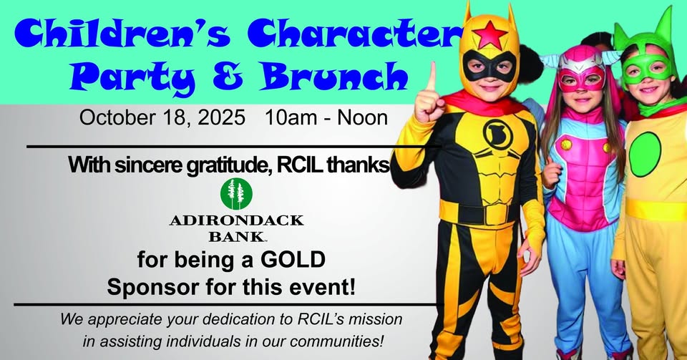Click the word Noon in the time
(x=362, y=118)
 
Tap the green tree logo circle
(x=237, y=193)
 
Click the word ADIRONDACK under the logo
(x=237, y=220)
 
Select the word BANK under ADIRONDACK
(x=237, y=237)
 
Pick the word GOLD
(x=293, y=260)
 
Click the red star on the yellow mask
(x=489, y=34)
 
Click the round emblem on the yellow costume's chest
(x=495, y=132)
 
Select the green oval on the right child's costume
(x=645, y=154)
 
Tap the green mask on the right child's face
(x=647, y=67)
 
